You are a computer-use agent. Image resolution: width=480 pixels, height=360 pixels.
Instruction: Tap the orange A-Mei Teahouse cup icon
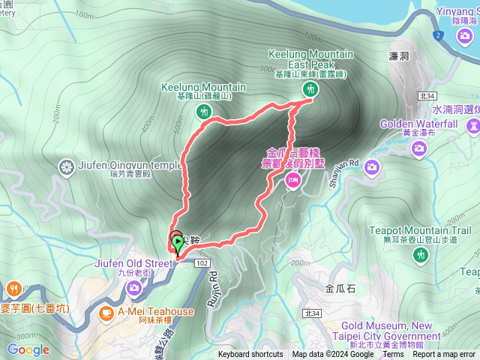[x=106, y=311]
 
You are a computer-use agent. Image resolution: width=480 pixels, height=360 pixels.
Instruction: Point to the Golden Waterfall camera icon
[x=418, y=151]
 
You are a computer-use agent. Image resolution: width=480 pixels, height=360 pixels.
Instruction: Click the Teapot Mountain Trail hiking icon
[x=421, y=256]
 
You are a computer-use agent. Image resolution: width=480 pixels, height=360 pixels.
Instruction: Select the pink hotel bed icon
[x=292, y=179]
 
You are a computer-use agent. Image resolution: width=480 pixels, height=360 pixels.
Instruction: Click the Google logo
[x=28, y=349]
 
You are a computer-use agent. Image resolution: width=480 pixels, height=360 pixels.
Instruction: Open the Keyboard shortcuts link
[x=250, y=355]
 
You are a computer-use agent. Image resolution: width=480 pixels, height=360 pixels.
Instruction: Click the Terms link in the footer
[x=393, y=355]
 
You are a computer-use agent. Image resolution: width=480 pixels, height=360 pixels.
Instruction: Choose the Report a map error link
[x=444, y=355]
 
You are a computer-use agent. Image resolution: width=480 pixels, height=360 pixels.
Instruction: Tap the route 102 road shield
[x=202, y=263]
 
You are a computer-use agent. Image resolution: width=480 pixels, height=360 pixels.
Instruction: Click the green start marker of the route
[x=177, y=242]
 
